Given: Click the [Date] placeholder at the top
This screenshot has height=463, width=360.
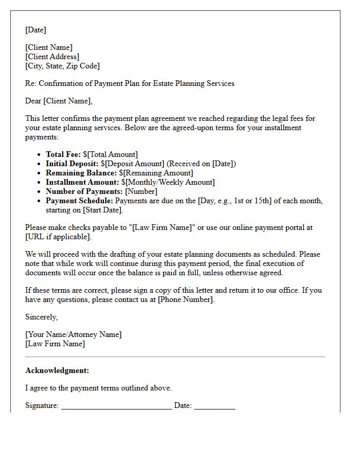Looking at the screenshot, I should pos(35,30).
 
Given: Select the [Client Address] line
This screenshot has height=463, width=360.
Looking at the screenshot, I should pos(52,57).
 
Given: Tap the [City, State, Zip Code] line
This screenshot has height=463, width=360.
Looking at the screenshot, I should pos(62,66).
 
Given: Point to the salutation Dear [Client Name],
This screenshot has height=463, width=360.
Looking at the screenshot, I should pos(59,101).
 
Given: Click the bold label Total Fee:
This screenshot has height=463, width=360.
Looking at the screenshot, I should pos(63,154).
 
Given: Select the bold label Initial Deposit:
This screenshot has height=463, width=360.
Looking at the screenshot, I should pos(72,164).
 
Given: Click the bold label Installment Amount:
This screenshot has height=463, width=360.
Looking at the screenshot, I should pos(82,182).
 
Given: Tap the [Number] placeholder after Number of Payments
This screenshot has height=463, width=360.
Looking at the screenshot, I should pos(141,191).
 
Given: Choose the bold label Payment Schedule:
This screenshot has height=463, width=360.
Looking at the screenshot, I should pos(79,201).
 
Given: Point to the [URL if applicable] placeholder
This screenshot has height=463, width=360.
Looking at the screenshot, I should pos(58,237).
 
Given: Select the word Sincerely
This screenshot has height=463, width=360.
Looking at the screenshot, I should pos(41,317).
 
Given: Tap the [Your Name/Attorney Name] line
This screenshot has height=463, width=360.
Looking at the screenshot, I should pos(74,334).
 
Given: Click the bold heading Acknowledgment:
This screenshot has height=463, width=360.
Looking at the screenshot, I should pos(57,370).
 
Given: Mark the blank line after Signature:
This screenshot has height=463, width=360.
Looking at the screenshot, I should pos(116,406).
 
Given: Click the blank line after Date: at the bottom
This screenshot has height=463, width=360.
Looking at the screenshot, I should pos(214,406).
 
